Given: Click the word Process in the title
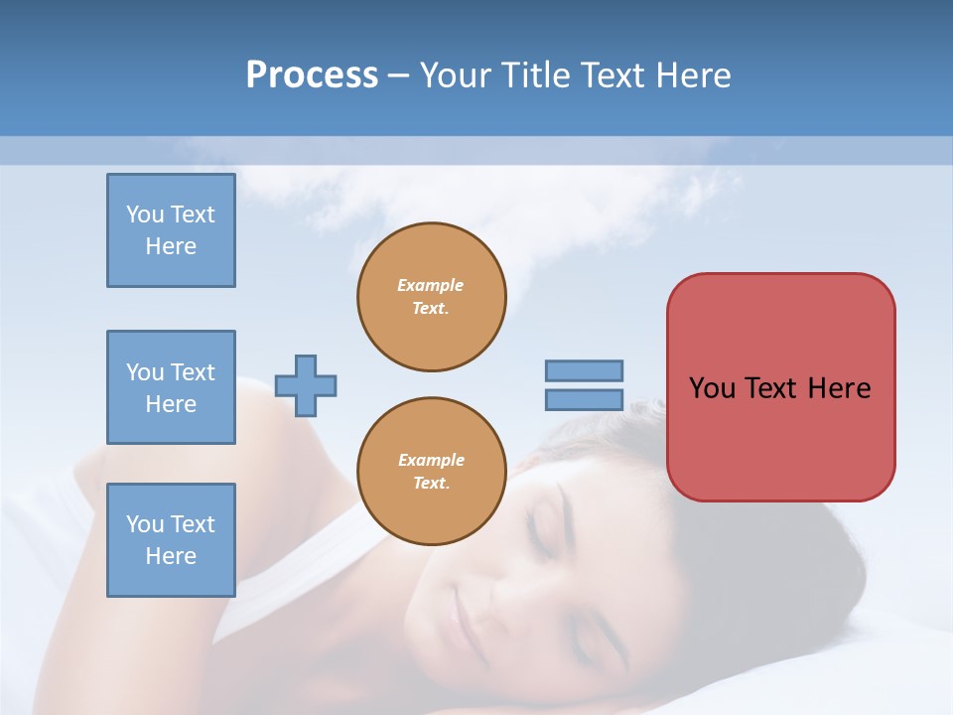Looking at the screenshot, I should (x=312, y=75).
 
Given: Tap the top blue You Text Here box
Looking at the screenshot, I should (x=171, y=230).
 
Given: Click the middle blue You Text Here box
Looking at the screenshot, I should (x=171, y=387).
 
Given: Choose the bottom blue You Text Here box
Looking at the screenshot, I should (x=171, y=540).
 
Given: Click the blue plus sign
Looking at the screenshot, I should (x=306, y=385).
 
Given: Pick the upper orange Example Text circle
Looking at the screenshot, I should (x=432, y=297).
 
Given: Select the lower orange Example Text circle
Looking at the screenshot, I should (x=432, y=472).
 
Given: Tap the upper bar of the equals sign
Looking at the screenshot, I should (x=585, y=370).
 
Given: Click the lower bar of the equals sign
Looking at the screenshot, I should (x=585, y=399).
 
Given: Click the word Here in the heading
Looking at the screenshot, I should (x=692, y=75).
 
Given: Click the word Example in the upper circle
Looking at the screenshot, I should (x=430, y=285).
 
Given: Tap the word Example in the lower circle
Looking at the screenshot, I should (x=431, y=460).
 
